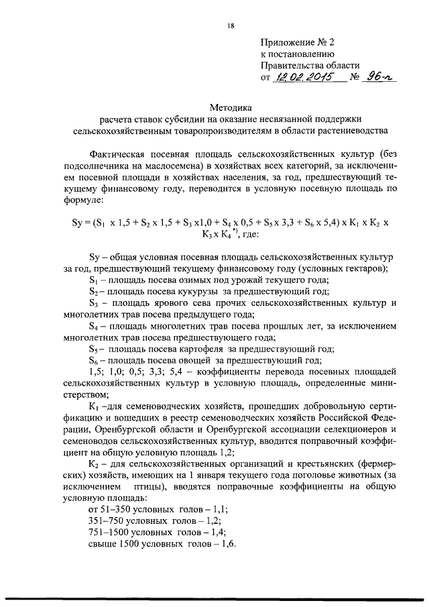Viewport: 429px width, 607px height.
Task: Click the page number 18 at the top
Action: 231,26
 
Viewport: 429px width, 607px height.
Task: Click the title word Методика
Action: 231,106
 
